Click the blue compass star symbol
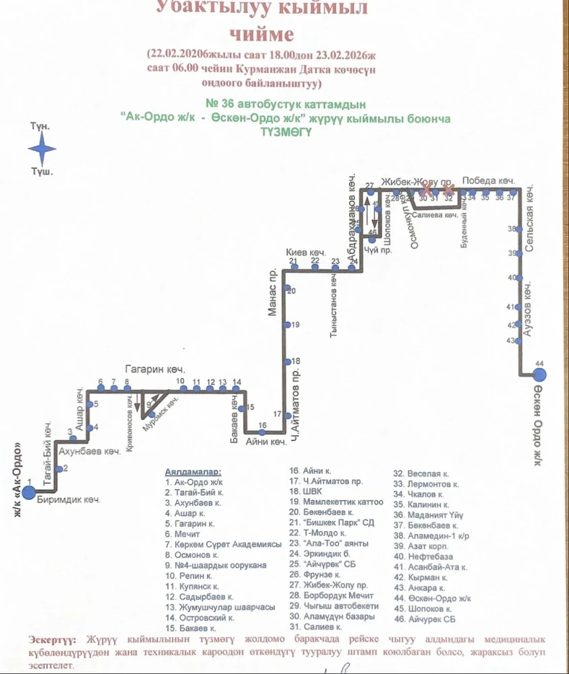42,149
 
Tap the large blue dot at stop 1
28,492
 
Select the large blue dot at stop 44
539,374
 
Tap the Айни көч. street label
266,442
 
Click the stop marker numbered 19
288,325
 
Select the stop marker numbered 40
520,278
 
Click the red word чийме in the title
262,34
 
